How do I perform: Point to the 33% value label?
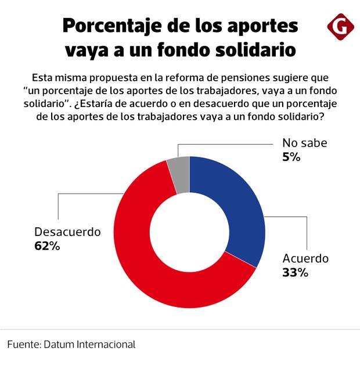click(x=295, y=272)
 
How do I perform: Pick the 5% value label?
click(x=291, y=156)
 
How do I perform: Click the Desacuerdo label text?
click(x=68, y=231)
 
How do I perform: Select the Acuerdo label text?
click(x=305, y=258)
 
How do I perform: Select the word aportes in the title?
click(x=264, y=26)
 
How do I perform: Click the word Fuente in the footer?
click(x=23, y=344)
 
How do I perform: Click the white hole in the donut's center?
click(x=189, y=232)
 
